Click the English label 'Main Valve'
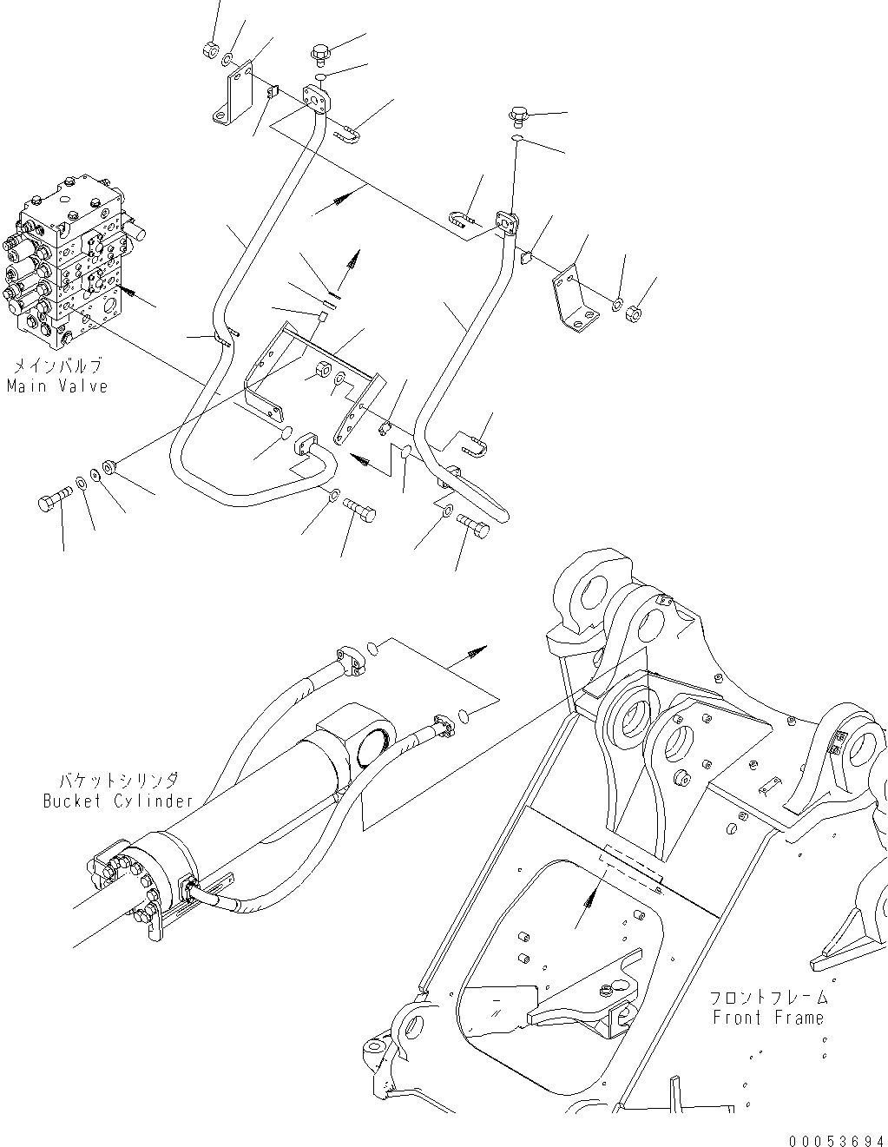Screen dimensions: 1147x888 [x=57, y=386]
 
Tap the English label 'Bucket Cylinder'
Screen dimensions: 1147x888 [x=118, y=801]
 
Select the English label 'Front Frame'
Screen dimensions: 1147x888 [x=768, y=1018]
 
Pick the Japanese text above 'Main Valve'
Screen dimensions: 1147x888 [x=57, y=366]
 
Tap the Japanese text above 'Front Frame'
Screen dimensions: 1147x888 [x=768, y=999]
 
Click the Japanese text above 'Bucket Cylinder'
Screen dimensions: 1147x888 [x=118, y=781]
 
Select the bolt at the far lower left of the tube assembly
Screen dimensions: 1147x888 [x=51, y=503]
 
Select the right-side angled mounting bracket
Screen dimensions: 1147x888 [x=574, y=300]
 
